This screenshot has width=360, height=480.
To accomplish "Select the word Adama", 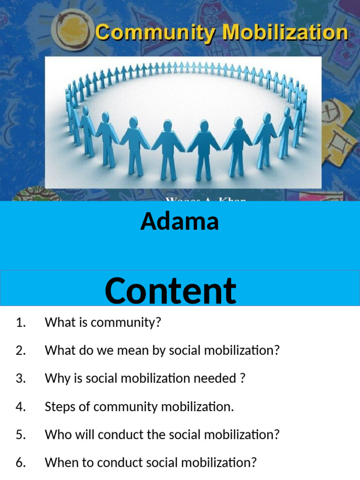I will point(180,221).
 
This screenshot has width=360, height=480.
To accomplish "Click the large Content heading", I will point(170,291).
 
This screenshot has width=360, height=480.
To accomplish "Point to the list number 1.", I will point(20,322).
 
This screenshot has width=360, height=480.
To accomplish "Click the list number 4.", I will point(20,407).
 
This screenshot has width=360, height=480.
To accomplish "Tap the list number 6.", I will point(20,463).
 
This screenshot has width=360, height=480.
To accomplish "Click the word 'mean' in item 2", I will point(127,351).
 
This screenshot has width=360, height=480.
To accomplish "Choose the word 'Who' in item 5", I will point(55,435).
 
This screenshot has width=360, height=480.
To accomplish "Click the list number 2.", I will point(20,351).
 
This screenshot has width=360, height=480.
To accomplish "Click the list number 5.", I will point(20,435).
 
